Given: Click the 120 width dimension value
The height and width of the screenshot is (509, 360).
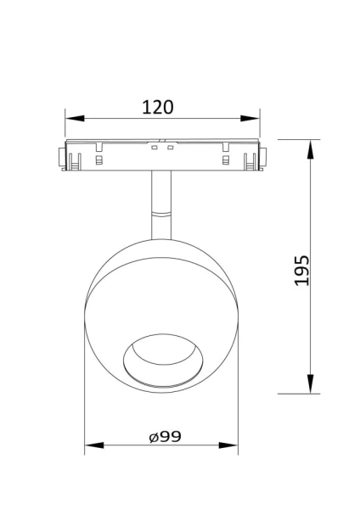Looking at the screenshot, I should pyautogui.click(x=158, y=107).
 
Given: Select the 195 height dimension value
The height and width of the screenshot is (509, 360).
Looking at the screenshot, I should pyautogui.click(x=303, y=269).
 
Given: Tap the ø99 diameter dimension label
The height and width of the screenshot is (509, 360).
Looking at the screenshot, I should pyautogui.click(x=165, y=437).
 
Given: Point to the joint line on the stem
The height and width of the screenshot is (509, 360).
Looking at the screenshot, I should pyautogui.click(x=162, y=212).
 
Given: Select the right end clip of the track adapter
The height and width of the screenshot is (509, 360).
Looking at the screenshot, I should pyautogui.click(x=264, y=158).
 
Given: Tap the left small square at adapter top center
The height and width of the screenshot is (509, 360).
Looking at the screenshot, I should pyautogui.click(x=155, y=148).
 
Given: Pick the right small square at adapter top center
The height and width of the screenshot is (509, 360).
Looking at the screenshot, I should pyautogui.click(x=171, y=148).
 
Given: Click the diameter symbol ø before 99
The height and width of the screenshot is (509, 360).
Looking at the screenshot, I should pyautogui.click(x=153, y=438).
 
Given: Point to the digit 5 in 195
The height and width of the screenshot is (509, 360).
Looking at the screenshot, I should pyautogui.click(x=303, y=258).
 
